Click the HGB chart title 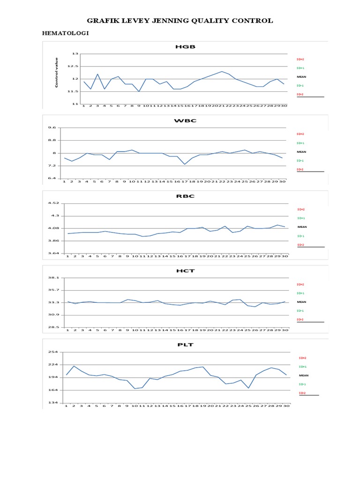click(x=185, y=47)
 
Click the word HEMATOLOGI click(x=66, y=33)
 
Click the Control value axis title click(x=57, y=73)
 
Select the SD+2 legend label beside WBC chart click(x=300, y=134)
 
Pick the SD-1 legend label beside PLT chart click(x=302, y=384)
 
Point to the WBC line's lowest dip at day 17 click(x=185, y=164)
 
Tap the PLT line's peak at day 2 click(x=74, y=366)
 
